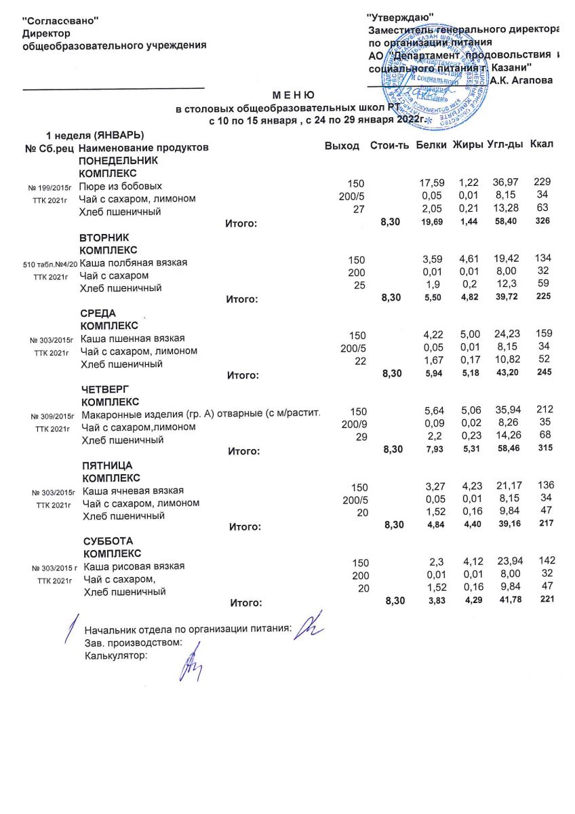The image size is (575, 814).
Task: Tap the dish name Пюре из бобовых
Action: (x=120, y=185)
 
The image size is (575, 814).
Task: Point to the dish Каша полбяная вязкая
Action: (x=134, y=263)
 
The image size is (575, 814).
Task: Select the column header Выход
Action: (x=342, y=147)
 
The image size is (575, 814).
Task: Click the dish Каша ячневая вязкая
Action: (x=133, y=490)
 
